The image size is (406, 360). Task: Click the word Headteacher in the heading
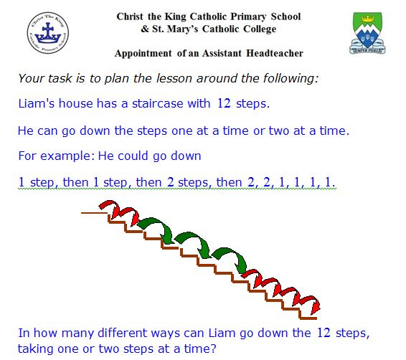(x=275, y=54)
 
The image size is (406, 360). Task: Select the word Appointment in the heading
(x=144, y=54)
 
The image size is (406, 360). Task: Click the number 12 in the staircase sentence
(x=223, y=103)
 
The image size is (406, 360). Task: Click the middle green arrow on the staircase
(x=191, y=242)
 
